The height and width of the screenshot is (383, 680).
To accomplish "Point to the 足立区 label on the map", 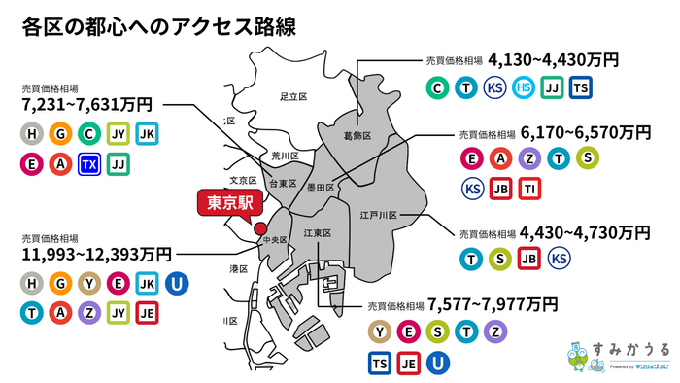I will tap(292, 97).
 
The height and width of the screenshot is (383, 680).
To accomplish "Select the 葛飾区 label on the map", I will tap(357, 136).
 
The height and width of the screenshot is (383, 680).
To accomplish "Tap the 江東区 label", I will tap(318, 234).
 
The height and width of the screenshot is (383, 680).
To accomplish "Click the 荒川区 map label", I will tap(285, 156).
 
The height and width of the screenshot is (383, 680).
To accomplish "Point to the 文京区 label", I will tap(242, 181).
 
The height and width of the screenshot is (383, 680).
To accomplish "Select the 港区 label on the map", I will tap(238, 267).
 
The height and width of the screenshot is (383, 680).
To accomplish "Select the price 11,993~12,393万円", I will tap(95, 254).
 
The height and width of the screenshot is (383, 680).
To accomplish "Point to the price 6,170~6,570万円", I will tap(586, 131).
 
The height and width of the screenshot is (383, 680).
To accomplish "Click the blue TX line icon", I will tap(89, 165).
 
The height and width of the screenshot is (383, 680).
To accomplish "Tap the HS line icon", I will tap(523, 88).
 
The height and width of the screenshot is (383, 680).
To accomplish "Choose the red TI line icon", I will tap(529, 189).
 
